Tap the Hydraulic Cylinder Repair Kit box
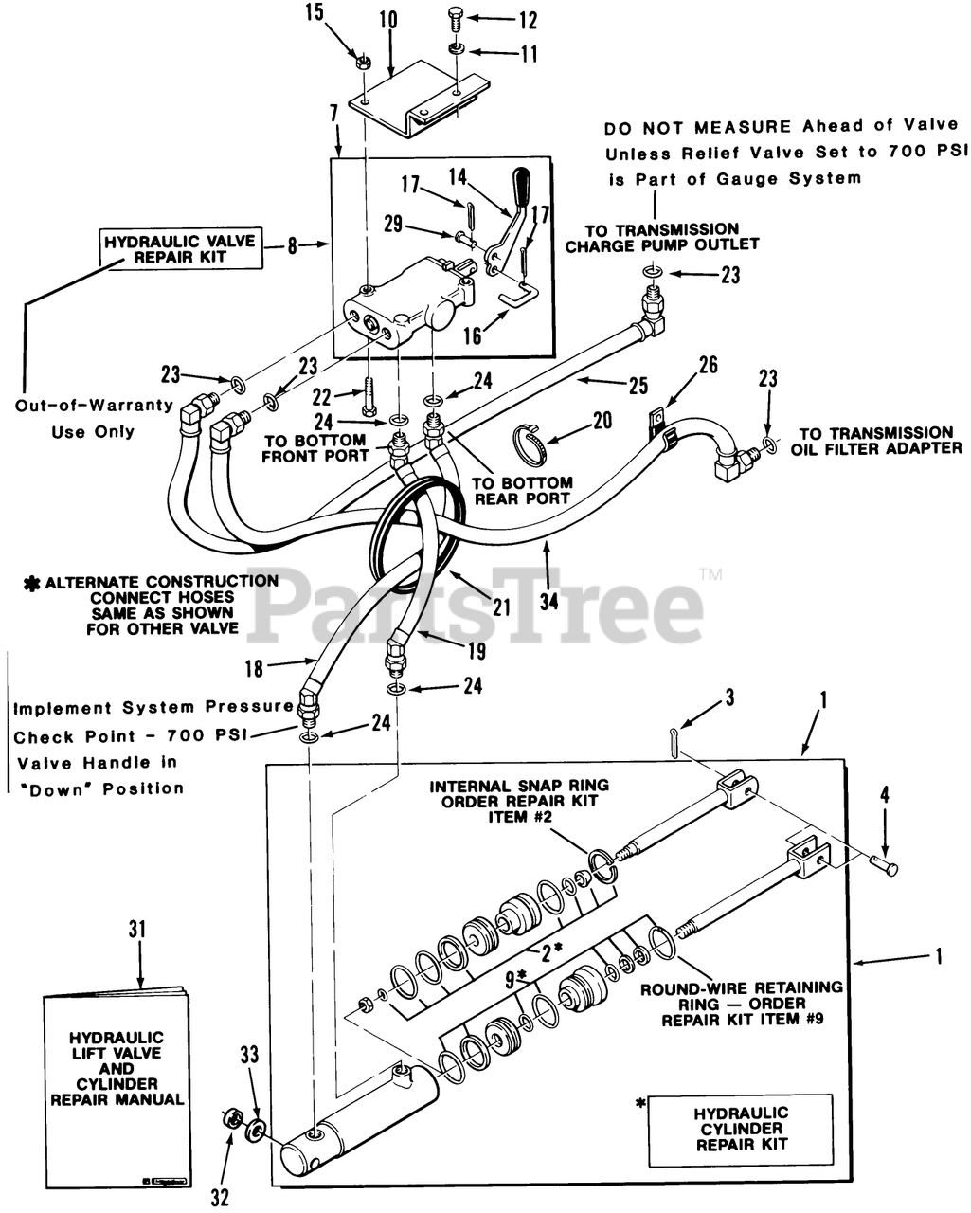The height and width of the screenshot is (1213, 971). click(740, 1129)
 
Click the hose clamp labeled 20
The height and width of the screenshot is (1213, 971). click(531, 442)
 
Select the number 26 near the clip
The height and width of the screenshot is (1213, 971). click(709, 366)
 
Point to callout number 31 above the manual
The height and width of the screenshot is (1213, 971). click(138, 930)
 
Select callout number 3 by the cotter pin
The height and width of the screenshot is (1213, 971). click(728, 700)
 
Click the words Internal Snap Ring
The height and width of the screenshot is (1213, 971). click(519, 786)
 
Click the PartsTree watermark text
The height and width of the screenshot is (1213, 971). click(483, 606)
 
